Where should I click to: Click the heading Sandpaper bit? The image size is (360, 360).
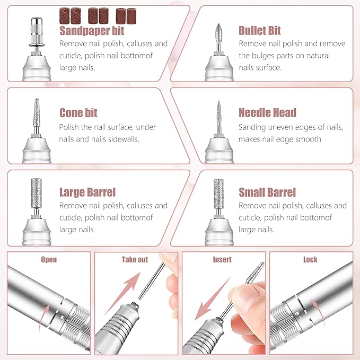click(92, 30)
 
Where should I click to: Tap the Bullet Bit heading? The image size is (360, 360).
click(260, 30)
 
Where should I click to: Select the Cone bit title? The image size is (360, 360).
click(78, 113)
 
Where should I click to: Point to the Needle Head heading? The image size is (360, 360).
click(267, 113)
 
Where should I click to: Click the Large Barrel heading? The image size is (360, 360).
click(87, 192)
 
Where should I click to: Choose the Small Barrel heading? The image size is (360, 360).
click(267, 192)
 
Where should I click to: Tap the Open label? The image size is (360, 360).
click(49, 259)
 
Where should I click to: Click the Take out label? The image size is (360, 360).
click(135, 259)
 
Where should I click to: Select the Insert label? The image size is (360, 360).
click(222, 259)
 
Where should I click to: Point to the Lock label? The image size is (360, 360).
click(310, 259)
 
